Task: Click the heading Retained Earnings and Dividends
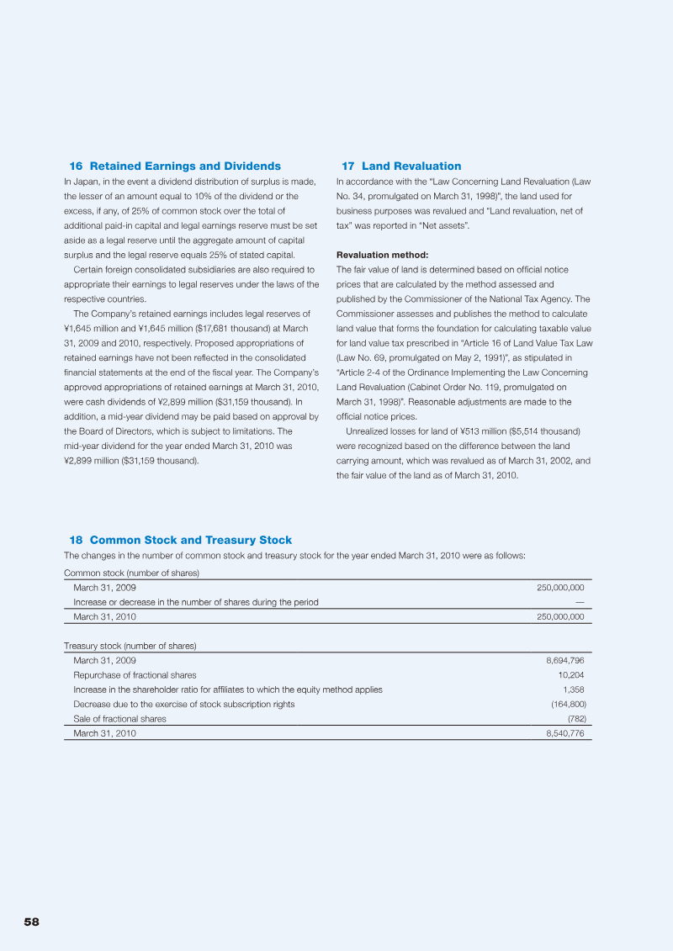[x=185, y=166]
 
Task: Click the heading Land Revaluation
[x=411, y=166]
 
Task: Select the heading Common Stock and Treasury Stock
[x=190, y=540]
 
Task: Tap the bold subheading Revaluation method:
[x=382, y=255]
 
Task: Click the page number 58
[x=31, y=922]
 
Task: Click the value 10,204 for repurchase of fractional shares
[x=571, y=675]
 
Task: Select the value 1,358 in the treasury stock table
[x=574, y=689]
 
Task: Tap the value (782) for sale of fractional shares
[x=576, y=719]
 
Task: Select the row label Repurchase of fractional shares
[x=135, y=675]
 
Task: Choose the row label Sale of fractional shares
[x=119, y=719]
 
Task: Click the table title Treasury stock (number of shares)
[x=130, y=646]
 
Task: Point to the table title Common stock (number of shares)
[x=131, y=573]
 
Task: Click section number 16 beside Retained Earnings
[x=75, y=166]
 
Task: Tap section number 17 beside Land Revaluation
[x=347, y=166]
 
